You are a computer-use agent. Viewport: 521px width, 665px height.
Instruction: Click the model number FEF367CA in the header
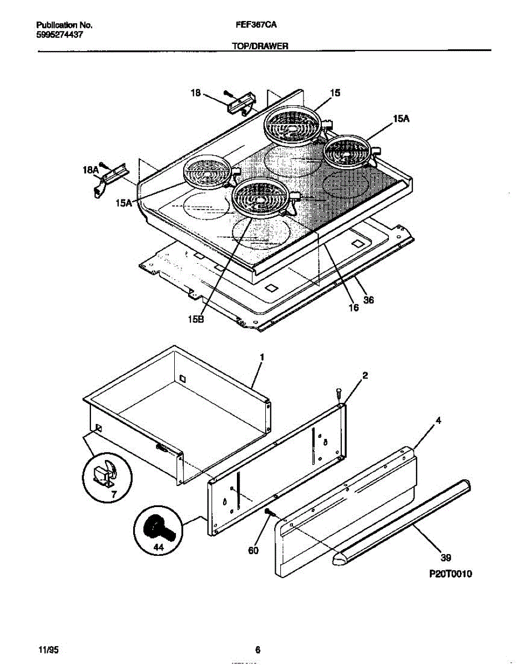coord(256,25)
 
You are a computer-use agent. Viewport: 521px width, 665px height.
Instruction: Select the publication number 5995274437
coord(59,35)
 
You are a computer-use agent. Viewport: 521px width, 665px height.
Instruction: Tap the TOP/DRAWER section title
coord(260,46)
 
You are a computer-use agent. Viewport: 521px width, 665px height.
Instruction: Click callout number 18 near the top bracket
coord(196,93)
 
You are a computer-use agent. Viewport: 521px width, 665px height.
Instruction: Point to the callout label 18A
coord(90,170)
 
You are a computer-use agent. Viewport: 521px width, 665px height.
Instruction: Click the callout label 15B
coord(196,319)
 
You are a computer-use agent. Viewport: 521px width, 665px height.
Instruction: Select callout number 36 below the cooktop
coord(368,300)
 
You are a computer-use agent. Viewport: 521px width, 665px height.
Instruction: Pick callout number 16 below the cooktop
coord(353,308)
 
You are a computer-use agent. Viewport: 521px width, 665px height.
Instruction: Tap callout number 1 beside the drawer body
coord(262,357)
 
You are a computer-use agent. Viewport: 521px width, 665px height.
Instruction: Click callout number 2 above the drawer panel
coord(365,376)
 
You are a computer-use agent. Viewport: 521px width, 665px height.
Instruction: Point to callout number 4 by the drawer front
coord(438,421)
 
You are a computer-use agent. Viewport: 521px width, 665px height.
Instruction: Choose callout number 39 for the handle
coord(446,557)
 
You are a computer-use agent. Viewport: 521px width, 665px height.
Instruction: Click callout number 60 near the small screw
coord(254,551)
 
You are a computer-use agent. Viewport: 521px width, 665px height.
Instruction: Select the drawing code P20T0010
coord(450,574)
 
